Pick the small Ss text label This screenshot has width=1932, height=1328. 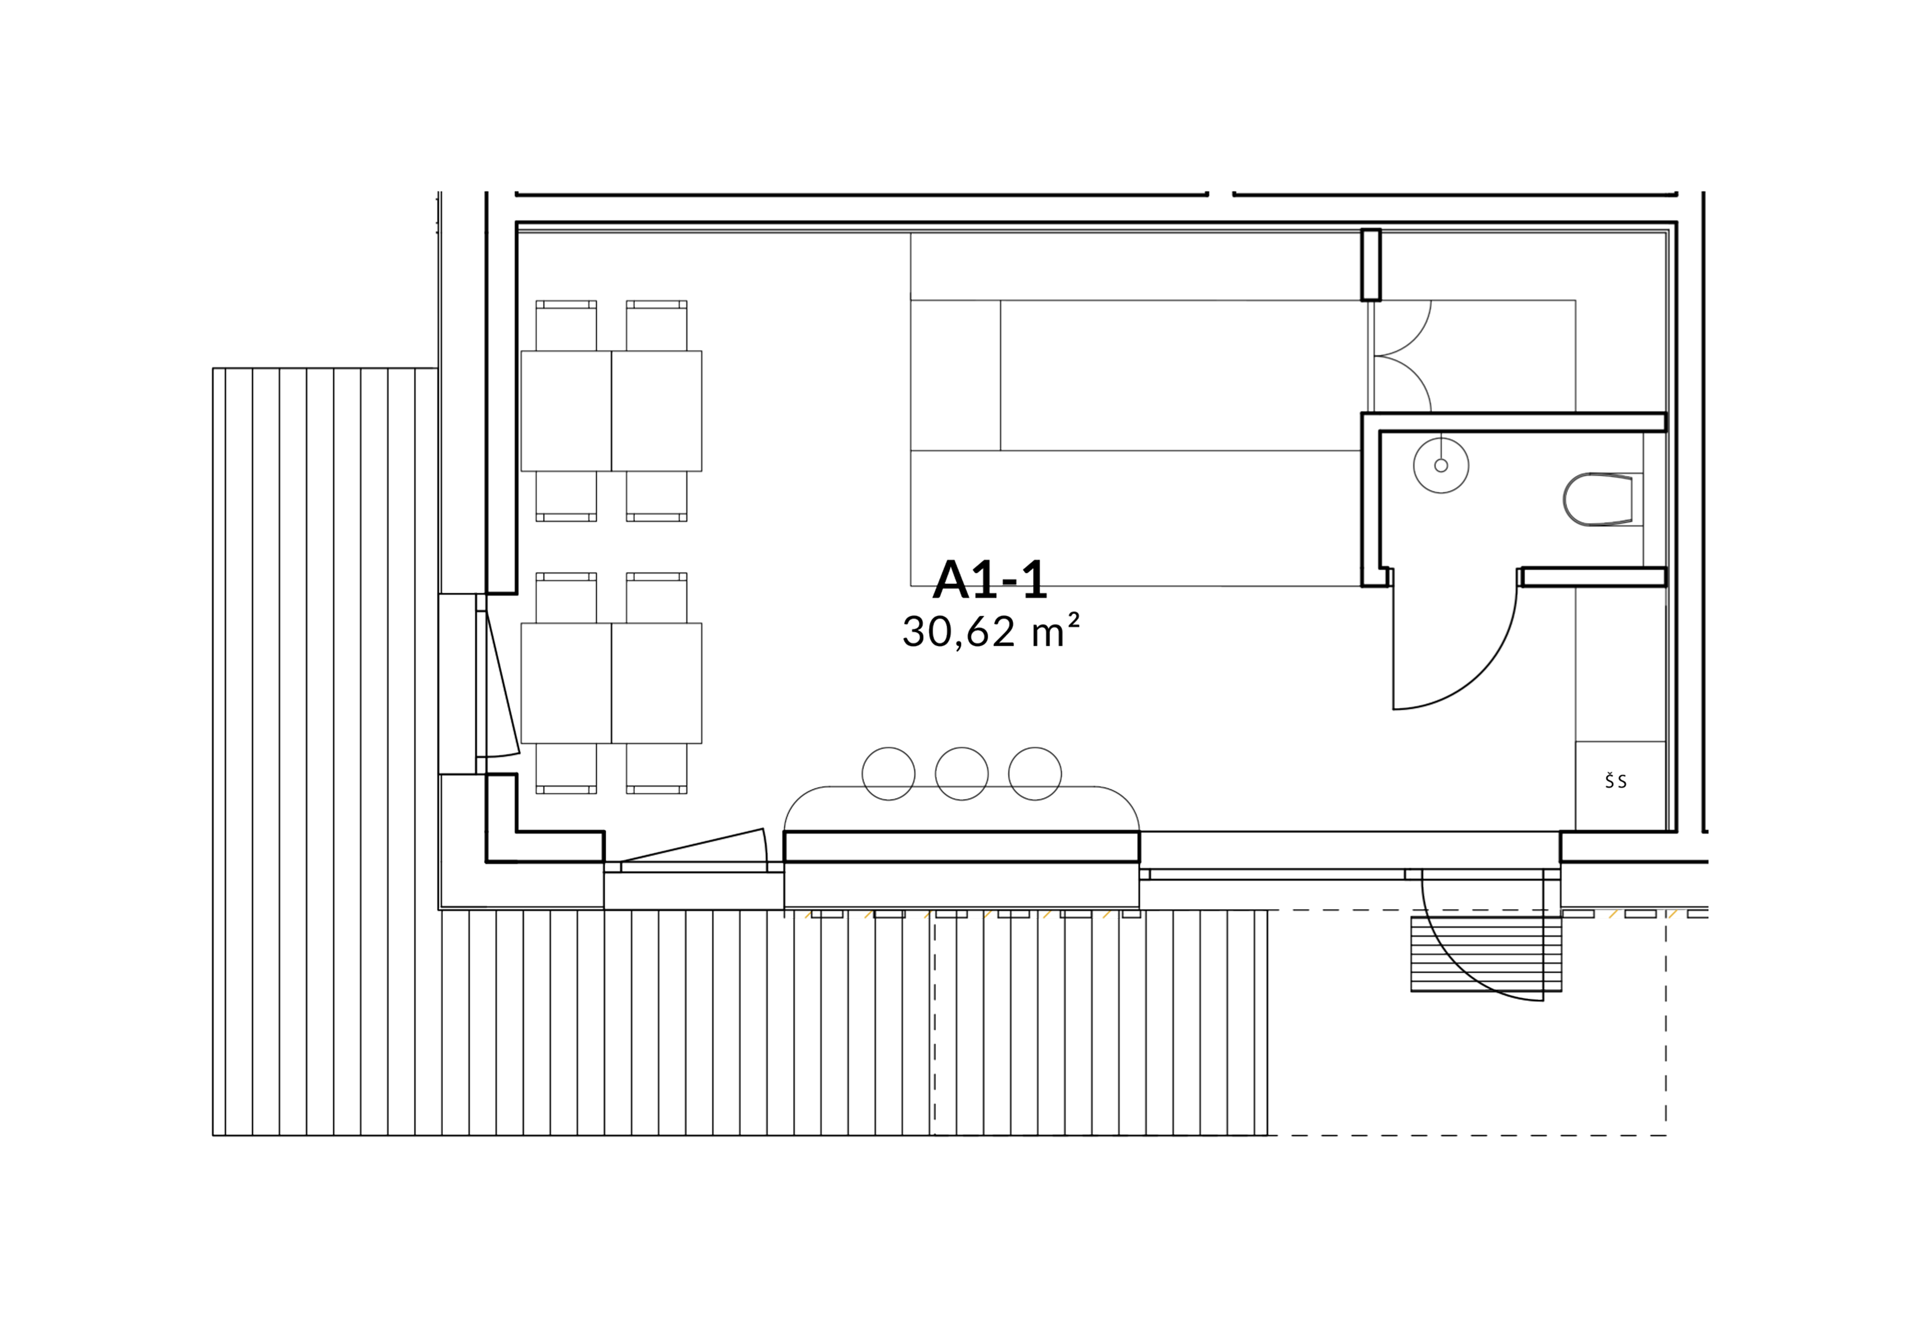pyautogui.click(x=1615, y=780)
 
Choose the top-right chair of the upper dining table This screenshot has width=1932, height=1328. pyautogui.click(x=656, y=325)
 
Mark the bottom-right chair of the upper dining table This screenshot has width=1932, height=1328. pyautogui.click(x=656, y=498)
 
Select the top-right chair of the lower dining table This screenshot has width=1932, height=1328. pyautogui.click(x=656, y=596)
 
